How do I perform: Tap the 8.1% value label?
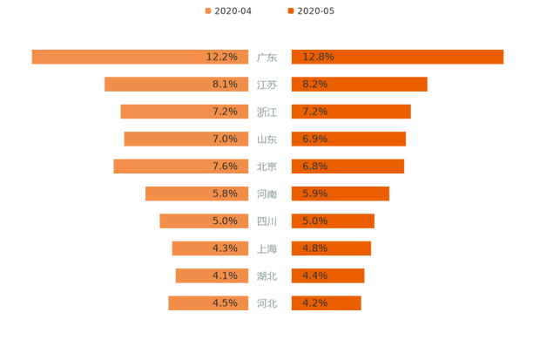[225, 85]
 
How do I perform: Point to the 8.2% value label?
[315, 85]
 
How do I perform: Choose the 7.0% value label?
[225, 139]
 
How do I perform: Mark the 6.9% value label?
[315, 139]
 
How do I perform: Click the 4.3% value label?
[225, 248]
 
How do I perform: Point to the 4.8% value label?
[315, 248]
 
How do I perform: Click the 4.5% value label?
[225, 303]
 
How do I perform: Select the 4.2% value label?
[315, 303]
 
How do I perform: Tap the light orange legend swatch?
[207, 10]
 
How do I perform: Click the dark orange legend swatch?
[290, 10]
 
